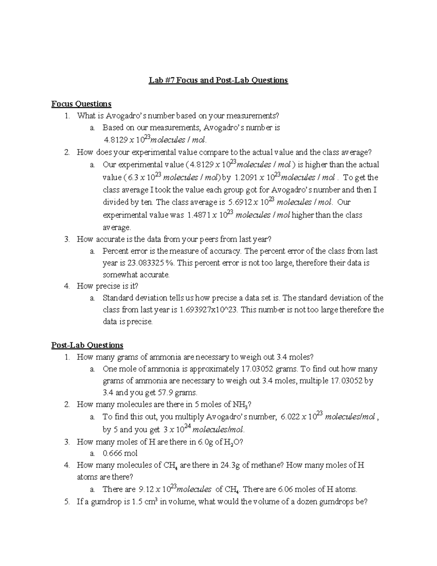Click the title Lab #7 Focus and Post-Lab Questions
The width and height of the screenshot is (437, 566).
[218, 80]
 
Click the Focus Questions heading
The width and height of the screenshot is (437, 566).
[81, 104]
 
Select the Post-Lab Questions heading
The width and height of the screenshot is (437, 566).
[87, 345]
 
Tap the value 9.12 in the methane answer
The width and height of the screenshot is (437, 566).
[146, 489]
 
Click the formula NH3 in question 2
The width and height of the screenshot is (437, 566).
[240, 405]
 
